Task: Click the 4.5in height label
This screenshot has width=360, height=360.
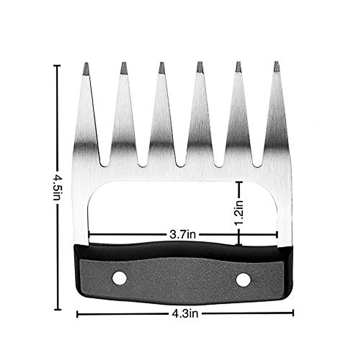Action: click(57, 188)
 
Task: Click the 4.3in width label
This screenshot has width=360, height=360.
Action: click(185, 314)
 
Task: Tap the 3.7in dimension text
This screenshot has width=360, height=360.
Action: click(182, 234)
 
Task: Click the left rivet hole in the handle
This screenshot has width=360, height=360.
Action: click(119, 278)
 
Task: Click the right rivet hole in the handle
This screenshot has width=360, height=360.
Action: click(243, 279)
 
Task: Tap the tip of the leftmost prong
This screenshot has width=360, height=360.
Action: click(86, 64)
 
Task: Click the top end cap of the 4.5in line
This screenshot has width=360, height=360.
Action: click(57, 65)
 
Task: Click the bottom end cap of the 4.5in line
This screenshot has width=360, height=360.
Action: click(57, 309)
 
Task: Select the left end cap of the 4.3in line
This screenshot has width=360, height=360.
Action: click(77, 314)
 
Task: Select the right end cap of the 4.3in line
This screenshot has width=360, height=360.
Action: click(293, 313)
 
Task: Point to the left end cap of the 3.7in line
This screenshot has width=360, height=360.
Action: click(89, 234)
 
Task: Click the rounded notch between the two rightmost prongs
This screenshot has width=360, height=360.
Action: click(257, 164)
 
